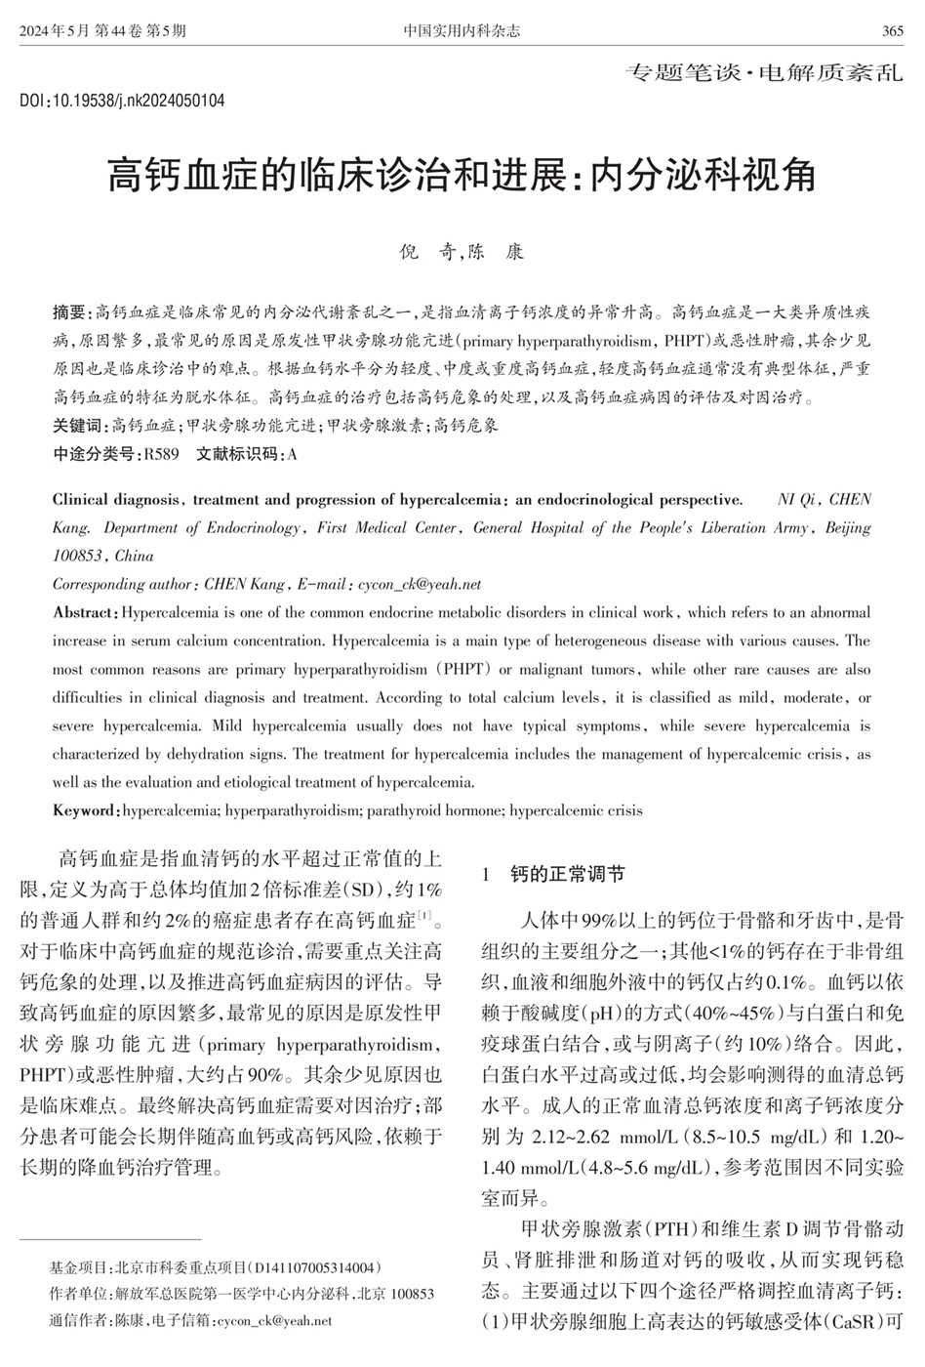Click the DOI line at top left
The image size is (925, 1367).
pyautogui.click(x=122, y=101)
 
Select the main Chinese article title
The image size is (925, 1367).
pyautogui.click(x=462, y=176)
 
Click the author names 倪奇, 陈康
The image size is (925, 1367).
pyautogui.click(x=462, y=252)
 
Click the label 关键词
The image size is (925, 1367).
pyautogui.click(x=79, y=426)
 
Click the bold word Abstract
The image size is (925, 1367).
pyautogui.click(x=84, y=613)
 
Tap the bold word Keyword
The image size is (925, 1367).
pyautogui.click(x=85, y=810)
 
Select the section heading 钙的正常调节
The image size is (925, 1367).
pyautogui.click(x=567, y=874)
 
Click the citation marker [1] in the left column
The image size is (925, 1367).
pyautogui.click(x=424, y=915)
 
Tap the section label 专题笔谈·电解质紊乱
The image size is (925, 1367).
pyautogui.click(x=764, y=73)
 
